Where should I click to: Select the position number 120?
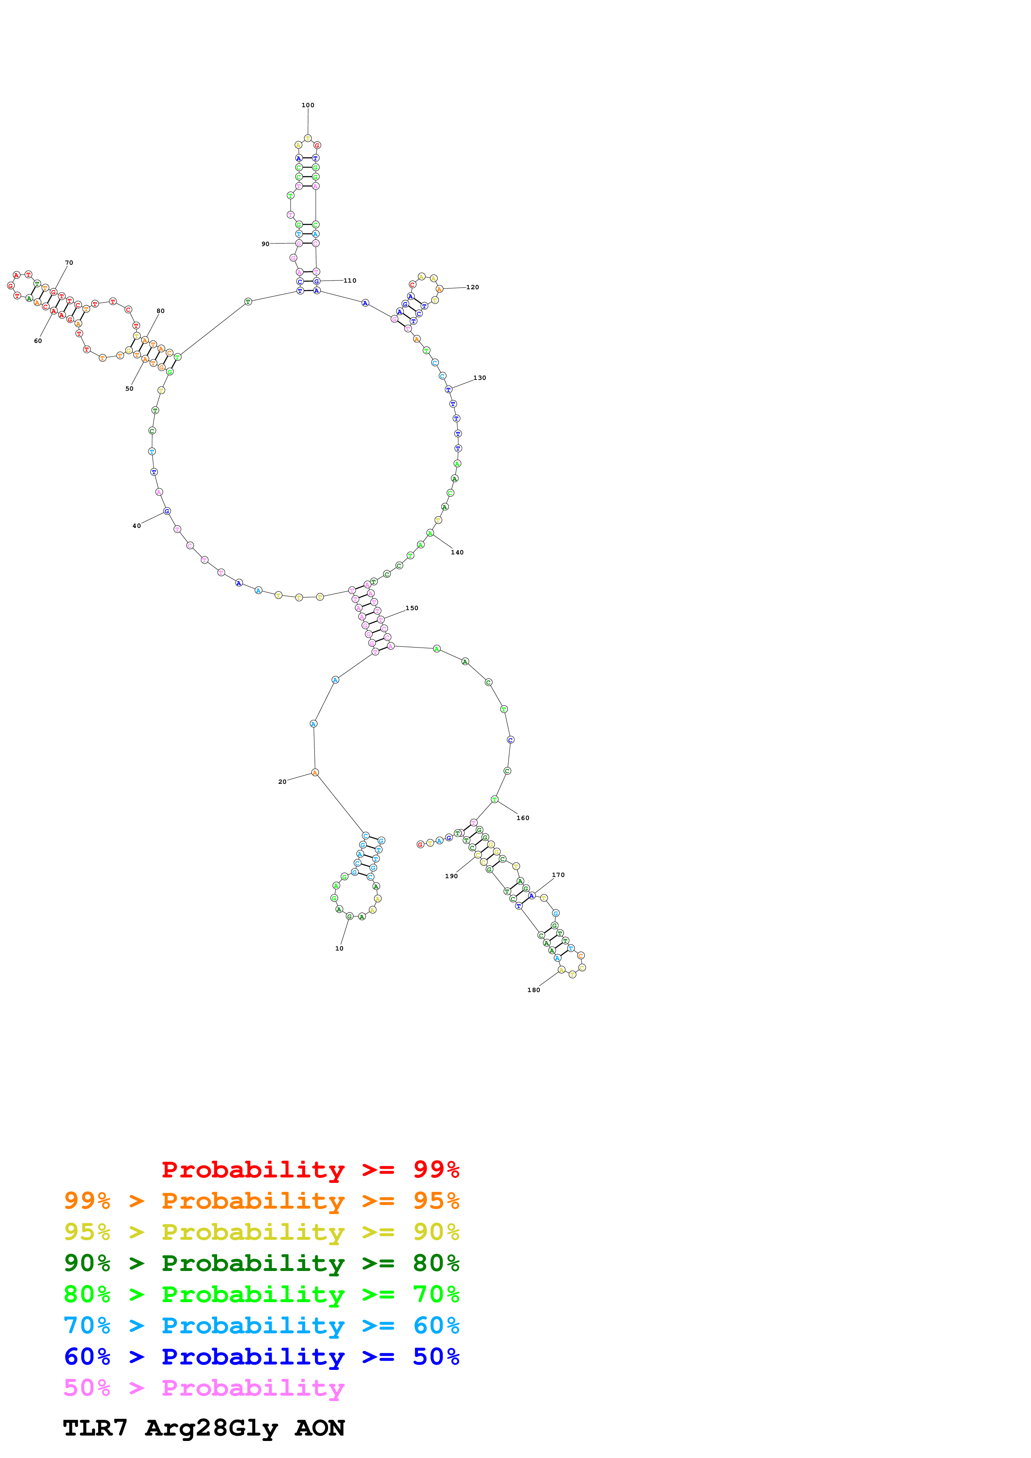(x=472, y=287)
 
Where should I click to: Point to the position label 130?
(x=480, y=378)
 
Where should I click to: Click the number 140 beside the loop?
(x=457, y=552)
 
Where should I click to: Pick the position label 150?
(x=412, y=608)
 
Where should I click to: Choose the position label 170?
(x=558, y=875)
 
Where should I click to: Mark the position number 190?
(x=451, y=876)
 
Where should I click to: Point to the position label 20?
(x=282, y=782)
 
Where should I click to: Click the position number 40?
(x=136, y=526)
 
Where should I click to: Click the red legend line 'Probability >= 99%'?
(x=311, y=1169)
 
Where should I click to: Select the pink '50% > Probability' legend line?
(x=204, y=1387)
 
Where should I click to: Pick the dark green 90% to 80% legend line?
(x=261, y=1262)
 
